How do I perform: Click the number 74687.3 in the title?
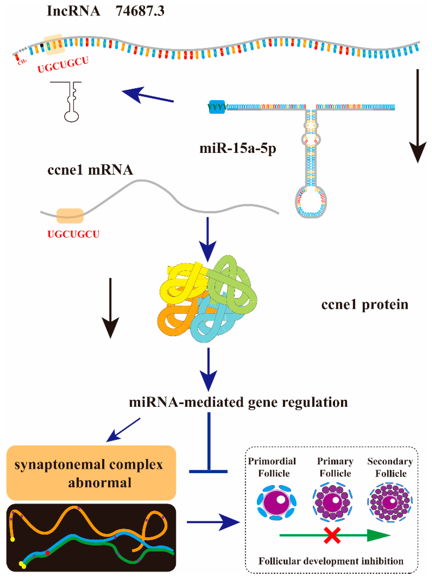click(x=140, y=11)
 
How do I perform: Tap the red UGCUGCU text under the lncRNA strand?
click(x=63, y=64)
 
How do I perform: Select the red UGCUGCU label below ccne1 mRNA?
click(x=73, y=234)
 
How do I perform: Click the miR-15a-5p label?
click(x=237, y=148)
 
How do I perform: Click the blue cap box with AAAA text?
click(x=217, y=107)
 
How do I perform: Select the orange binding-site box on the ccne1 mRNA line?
click(x=70, y=216)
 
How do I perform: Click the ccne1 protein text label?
click(x=365, y=305)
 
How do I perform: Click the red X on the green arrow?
click(x=332, y=535)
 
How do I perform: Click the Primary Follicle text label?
click(x=335, y=467)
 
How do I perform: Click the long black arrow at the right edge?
click(x=418, y=115)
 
